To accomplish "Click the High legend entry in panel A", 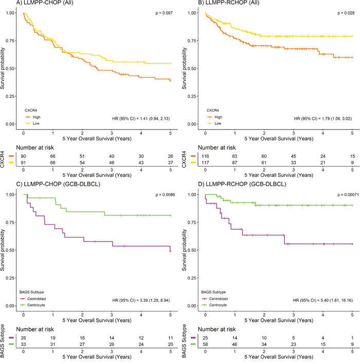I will pos(36,116).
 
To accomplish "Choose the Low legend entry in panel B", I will pos(218,123).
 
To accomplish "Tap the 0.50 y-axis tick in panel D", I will pos(194,250).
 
